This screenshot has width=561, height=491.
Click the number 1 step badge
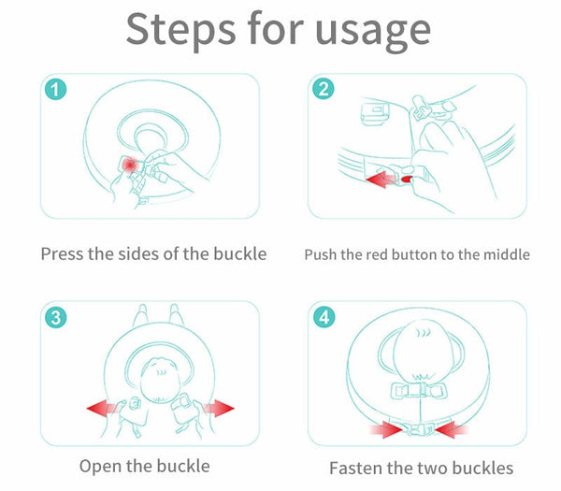[55, 89]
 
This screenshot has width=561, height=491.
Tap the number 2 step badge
[324, 89]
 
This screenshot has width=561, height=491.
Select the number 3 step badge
[55, 317]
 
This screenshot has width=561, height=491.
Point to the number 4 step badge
[324, 317]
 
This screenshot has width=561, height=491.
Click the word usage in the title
[372, 32]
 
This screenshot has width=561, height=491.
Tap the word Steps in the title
[180, 30]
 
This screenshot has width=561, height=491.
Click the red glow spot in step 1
[129, 165]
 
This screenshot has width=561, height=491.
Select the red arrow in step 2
[381, 180]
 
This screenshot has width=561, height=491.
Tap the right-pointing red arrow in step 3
[219, 409]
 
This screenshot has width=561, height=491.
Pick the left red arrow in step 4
[385, 429]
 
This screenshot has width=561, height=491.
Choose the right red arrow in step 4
[452, 429]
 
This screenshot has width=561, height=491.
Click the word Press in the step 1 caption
[63, 254]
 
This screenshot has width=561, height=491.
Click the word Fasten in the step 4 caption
[354, 468]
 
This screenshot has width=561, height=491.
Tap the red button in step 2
[407, 179]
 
